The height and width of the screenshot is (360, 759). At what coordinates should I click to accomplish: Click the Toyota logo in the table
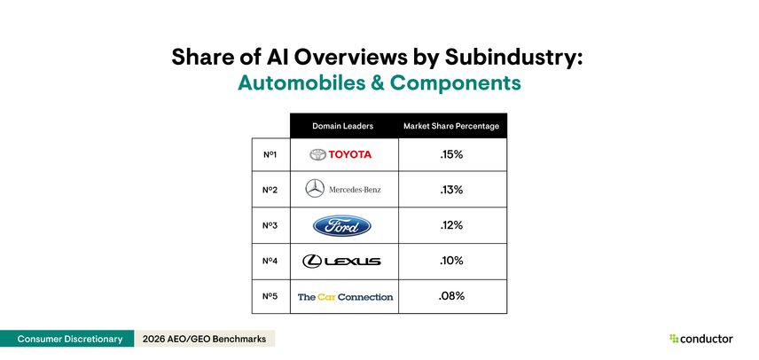coord(341,154)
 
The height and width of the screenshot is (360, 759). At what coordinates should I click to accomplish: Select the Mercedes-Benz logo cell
coord(343,190)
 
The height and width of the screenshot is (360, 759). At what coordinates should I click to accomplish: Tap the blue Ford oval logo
coord(344,225)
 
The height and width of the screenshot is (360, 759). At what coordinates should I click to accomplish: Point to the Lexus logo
coord(342,261)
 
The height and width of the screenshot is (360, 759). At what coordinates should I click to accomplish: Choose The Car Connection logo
coord(345,296)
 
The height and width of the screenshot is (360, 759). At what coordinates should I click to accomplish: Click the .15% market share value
coord(452,154)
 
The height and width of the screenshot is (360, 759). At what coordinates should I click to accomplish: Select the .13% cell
coord(452,190)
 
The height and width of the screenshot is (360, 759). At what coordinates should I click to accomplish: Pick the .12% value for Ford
coord(452,225)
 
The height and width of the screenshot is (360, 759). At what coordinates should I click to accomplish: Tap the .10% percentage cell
coord(452,261)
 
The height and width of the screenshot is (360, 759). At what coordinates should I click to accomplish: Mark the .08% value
coord(452,296)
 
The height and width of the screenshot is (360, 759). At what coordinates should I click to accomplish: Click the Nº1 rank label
coord(270,154)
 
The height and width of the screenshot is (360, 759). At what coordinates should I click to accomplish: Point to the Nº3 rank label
coord(270,225)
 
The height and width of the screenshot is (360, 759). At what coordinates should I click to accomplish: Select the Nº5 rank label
coord(270,296)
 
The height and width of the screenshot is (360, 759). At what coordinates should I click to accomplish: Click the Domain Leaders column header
coord(344,126)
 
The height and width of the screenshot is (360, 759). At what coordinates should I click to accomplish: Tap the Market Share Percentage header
coord(451,126)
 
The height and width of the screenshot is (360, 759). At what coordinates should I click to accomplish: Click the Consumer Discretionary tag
coord(66,339)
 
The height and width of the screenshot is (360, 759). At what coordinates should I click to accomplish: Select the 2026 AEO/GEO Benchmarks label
coord(203,339)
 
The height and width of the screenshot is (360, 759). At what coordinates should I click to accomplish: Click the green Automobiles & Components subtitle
coord(379,83)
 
